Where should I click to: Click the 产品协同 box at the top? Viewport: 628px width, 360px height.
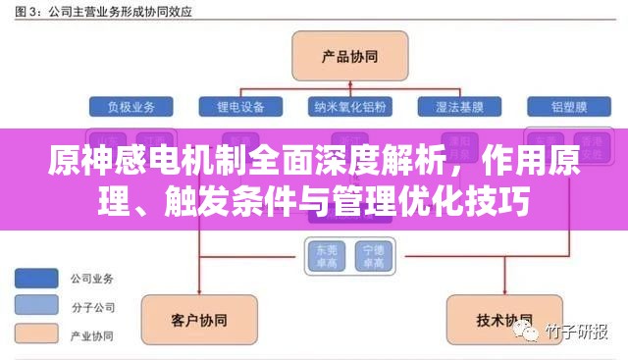coord(337,55)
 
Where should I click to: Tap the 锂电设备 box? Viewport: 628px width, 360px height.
coord(240,105)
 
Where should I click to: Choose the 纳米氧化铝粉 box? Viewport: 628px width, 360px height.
coord(349,105)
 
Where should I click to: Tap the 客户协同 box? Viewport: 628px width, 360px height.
coord(192,320)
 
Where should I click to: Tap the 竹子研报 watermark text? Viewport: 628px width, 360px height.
coord(578,332)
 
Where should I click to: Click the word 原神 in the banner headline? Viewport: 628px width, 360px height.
coord(74,163)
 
